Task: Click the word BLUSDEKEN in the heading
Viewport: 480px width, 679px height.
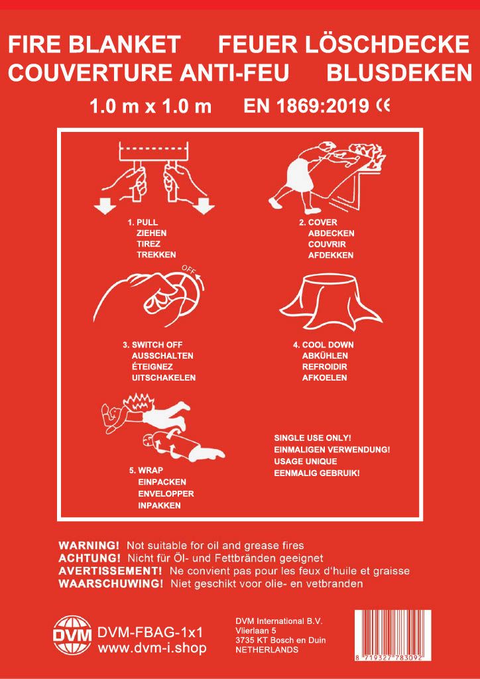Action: coord(398,73)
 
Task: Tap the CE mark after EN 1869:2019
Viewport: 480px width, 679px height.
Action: coord(384,105)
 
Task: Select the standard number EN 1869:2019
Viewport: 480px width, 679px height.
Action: coord(306,106)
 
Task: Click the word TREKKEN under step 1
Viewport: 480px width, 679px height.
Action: coord(156,255)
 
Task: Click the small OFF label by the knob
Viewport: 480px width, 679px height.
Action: coord(189,269)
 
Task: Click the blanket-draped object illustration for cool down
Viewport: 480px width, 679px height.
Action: coord(331,301)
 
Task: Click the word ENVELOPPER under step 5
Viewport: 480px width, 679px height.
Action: coord(166,493)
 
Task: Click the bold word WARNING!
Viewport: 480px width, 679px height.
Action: coord(89,544)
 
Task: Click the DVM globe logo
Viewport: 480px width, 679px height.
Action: coord(72,635)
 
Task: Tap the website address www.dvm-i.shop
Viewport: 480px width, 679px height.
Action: coord(152,648)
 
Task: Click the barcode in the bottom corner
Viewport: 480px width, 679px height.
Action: coord(392,635)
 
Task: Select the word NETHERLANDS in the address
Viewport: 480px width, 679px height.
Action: coord(267,650)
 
